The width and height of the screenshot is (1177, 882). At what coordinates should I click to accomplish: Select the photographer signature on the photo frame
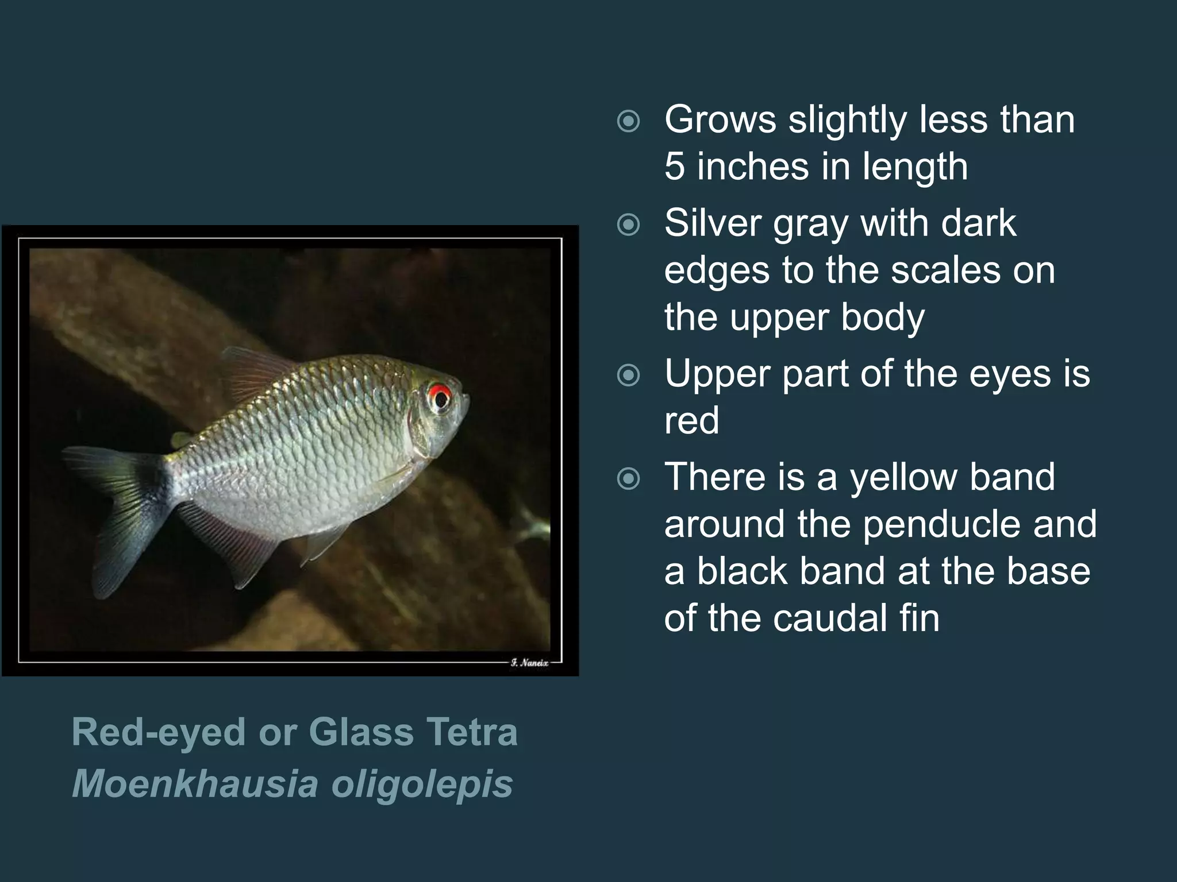(x=529, y=663)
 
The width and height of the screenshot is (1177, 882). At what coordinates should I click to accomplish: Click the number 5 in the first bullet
(x=675, y=166)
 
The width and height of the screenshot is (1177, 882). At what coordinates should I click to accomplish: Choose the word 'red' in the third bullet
(x=691, y=420)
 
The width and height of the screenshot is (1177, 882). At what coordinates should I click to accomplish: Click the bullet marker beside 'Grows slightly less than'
(x=628, y=121)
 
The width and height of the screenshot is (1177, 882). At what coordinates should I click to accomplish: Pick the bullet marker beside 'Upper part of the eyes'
(x=628, y=376)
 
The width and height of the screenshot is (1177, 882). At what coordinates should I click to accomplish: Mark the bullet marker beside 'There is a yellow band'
(x=628, y=478)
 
